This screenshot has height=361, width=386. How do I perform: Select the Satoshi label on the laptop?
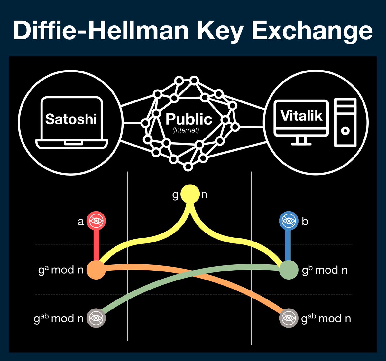click(x=71, y=119)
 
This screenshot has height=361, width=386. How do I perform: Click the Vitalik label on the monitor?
click(x=301, y=116)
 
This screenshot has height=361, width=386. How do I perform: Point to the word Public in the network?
click(x=189, y=119)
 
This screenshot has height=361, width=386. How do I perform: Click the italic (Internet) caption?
click(x=186, y=130)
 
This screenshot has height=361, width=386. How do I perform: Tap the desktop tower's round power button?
click(x=345, y=131)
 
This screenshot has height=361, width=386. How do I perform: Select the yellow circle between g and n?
click(x=190, y=194)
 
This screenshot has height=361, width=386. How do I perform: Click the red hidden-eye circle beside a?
click(x=96, y=221)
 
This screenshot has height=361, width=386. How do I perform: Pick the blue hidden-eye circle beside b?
click(x=288, y=221)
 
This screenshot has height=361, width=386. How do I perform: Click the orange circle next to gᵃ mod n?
click(x=96, y=270)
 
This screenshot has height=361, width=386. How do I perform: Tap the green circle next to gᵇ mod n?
click(x=288, y=270)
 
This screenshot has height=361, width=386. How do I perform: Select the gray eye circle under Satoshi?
click(x=96, y=318)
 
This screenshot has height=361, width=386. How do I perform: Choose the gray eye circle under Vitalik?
click(x=288, y=318)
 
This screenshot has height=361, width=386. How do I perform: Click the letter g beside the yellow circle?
click(x=175, y=195)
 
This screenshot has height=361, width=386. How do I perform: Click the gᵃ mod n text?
click(x=61, y=270)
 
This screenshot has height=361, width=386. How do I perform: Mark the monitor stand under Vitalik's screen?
click(x=301, y=141)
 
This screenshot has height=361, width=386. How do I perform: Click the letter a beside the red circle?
click(x=81, y=222)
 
